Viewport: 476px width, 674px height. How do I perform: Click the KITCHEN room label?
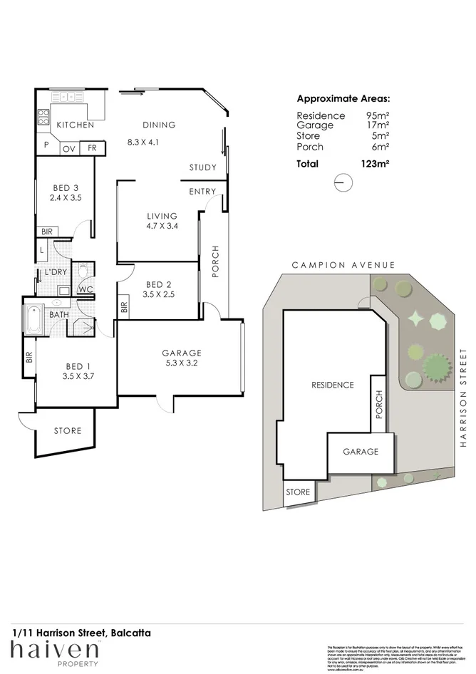pyautogui.click(x=76, y=125)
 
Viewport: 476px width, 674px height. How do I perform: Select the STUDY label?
pyautogui.click(x=202, y=167)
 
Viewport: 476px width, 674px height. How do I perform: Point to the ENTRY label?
pyautogui.click(x=202, y=192)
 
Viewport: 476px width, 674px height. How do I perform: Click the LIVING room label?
pyautogui.click(x=162, y=216)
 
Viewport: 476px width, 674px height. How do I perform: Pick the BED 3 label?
pyautogui.click(x=65, y=188)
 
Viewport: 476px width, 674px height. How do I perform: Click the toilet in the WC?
pyautogui.click(x=83, y=271)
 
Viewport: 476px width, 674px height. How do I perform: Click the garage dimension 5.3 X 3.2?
pyautogui.click(x=182, y=363)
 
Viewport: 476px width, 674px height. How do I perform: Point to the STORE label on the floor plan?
pyautogui.click(x=68, y=430)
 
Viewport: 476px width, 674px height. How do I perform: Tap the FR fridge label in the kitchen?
pyautogui.click(x=92, y=148)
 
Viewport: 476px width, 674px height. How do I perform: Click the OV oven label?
pyautogui.click(x=69, y=148)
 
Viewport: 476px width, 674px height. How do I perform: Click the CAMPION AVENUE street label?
pyautogui.click(x=343, y=265)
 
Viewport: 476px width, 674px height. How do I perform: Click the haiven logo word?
pyautogui.click(x=54, y=650)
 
